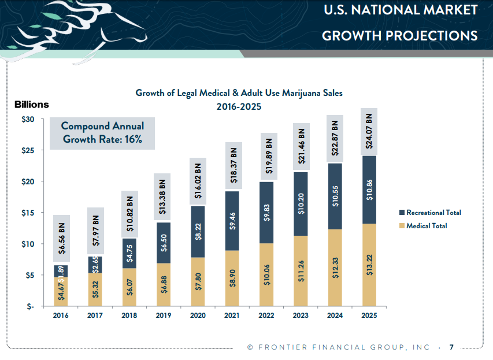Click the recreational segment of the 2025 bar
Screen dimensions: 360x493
[369, 190]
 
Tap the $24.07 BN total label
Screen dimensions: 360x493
[369, 131]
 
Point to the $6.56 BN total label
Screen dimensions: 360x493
[61, 238]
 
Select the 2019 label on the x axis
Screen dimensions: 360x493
[164, 316]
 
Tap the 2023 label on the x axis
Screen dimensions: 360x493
[301, 316]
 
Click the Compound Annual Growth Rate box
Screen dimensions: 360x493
[102, 133]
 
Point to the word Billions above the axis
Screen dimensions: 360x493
[31, 105]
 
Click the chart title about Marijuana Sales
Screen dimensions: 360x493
[239, 92]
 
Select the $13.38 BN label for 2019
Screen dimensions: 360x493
[164, 196]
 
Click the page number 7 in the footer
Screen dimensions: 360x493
[451, 347]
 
